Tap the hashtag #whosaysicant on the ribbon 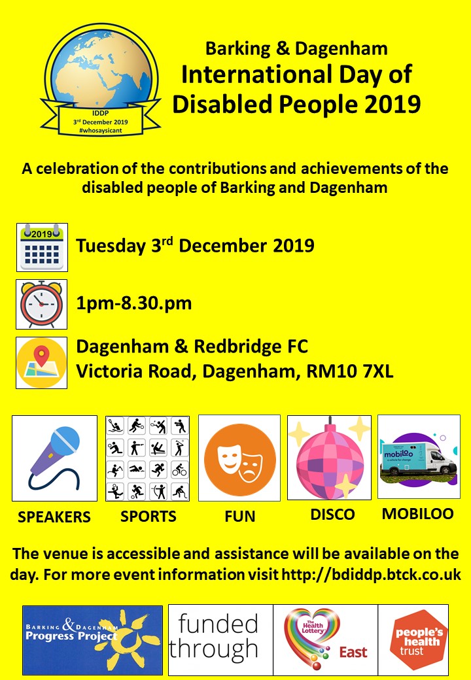pyautogui.click(x=100, y=130)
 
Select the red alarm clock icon pyautogui.click(x=42, y=304)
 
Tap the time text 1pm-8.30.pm pyautogui.click(x=134, y=303)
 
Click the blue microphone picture pyautogui.click(x=55, y=458)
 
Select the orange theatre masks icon pyautogui.click(x=239, y=458)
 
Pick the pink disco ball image pyautogui.click(x=329, y=458)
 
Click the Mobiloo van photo pyautogui.click(x=419, y=456)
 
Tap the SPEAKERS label pyautogui.click(x=54, y=517)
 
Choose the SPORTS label pyautogui.click(x=148, y=517)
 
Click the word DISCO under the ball pyautogui.click(x=333, y=515)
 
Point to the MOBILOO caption pyautogui.click(x=417, y=513)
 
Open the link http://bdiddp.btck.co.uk pyautogui.click(x=372, y=575)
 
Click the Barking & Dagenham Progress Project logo pyautogui.click(x=92, y=640)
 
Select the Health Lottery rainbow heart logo pyautogui.click(x=325, y=640)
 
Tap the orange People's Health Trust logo pyautogui.click(x=413, y=640)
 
